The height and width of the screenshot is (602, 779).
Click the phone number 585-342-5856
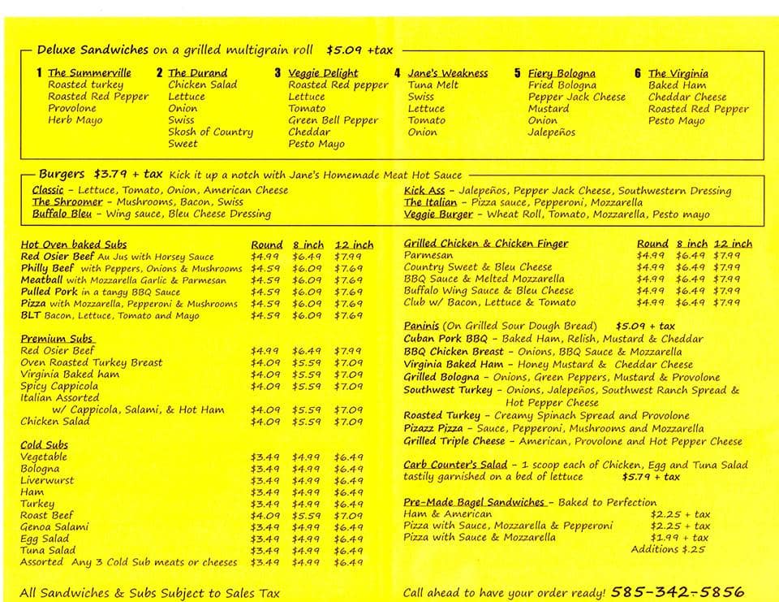tap(677, 591)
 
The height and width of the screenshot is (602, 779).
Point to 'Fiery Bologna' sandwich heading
tap(562, 72)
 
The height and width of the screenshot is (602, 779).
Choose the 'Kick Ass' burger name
tap(424, 190)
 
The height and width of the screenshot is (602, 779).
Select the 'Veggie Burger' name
tap(438, 214)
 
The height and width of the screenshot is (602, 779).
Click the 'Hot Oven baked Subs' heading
tap(74, 244)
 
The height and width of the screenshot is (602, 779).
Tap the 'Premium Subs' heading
tap(57, 338)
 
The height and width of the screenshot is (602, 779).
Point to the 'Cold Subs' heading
tap(44, 444)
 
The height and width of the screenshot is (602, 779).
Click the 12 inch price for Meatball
tap(348, 279)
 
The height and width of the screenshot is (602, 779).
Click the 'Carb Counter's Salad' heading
tap(455, 465)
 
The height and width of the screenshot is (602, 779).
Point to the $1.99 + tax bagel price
tap(680, 537)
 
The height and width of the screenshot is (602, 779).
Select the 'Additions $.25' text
tap(668, 549)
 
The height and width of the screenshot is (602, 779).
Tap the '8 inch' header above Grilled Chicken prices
tap(692, 243)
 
